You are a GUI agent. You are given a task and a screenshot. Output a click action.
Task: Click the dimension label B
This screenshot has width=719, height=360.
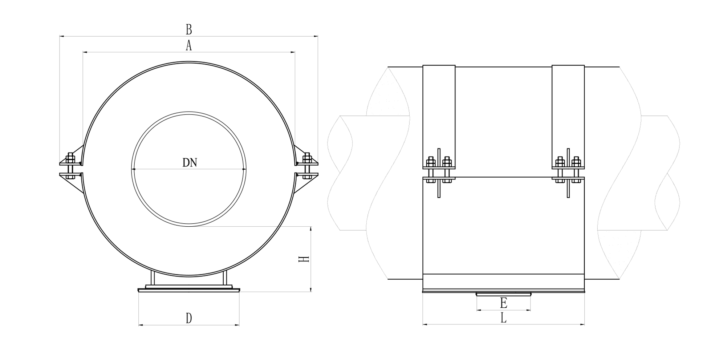[188, 29]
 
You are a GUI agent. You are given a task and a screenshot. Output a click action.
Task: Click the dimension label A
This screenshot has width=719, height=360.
[188, 46]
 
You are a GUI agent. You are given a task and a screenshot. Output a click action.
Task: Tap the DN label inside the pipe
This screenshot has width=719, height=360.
[190, 162]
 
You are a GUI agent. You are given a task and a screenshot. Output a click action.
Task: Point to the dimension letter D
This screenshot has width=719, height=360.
[189, 319]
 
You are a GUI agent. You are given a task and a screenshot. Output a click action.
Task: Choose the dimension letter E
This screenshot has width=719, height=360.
[503, 303]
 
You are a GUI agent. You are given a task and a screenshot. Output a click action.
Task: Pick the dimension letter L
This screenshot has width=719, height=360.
[503, 318]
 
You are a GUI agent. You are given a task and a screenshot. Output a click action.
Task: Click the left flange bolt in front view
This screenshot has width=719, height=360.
[70, 167]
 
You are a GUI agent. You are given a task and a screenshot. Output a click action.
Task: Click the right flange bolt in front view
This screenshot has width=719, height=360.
[307, 167]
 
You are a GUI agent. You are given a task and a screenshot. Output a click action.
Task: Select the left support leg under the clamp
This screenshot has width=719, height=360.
[153, 278]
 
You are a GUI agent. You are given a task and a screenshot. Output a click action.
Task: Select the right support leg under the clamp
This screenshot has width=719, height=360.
[225, 278]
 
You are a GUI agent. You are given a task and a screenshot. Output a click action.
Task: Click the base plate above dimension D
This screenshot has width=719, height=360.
[189, 290]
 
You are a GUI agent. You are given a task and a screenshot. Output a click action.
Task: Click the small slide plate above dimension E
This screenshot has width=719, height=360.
[503, 294]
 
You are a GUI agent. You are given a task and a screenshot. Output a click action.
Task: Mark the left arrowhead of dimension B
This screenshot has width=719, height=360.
[61, 36]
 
